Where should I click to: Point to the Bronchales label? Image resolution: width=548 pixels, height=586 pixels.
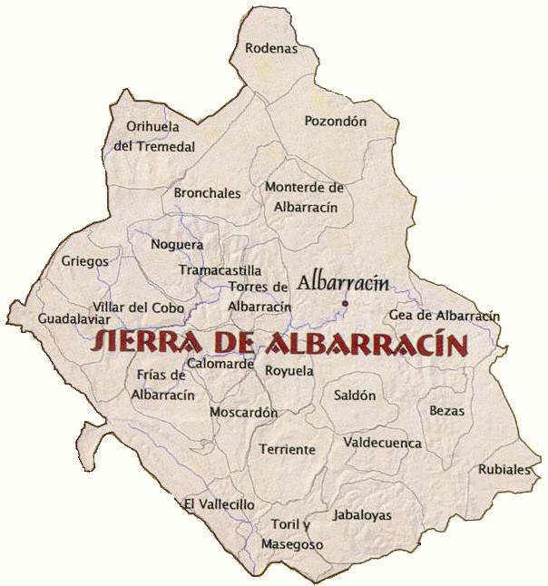click(x=207, y=193)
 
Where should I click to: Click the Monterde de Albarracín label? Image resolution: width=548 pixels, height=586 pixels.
click(x=305, y=197)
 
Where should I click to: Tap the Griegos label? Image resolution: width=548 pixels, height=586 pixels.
click(x=84, y=261)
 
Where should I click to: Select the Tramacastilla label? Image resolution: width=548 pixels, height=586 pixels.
click(x=220, y=270)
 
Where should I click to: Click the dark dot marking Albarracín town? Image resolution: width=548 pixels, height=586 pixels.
click(x=345, y=303)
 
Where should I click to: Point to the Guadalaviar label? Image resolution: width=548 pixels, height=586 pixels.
click(x=74, y=319)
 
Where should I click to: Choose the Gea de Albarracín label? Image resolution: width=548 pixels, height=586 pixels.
click(x=444, y=316)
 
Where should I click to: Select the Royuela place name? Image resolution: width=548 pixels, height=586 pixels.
click(x=289, y=371)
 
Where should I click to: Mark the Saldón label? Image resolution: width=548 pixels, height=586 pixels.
click(x=354, y=396)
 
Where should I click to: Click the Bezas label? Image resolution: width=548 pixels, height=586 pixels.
click(x=446, y=411)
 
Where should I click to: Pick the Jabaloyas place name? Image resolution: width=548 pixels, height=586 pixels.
click(x=362, y=515)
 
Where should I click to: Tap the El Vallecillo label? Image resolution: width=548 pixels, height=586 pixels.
click(x=219, y=504)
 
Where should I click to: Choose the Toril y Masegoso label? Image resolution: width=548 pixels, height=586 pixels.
click(x=291, y=535)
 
